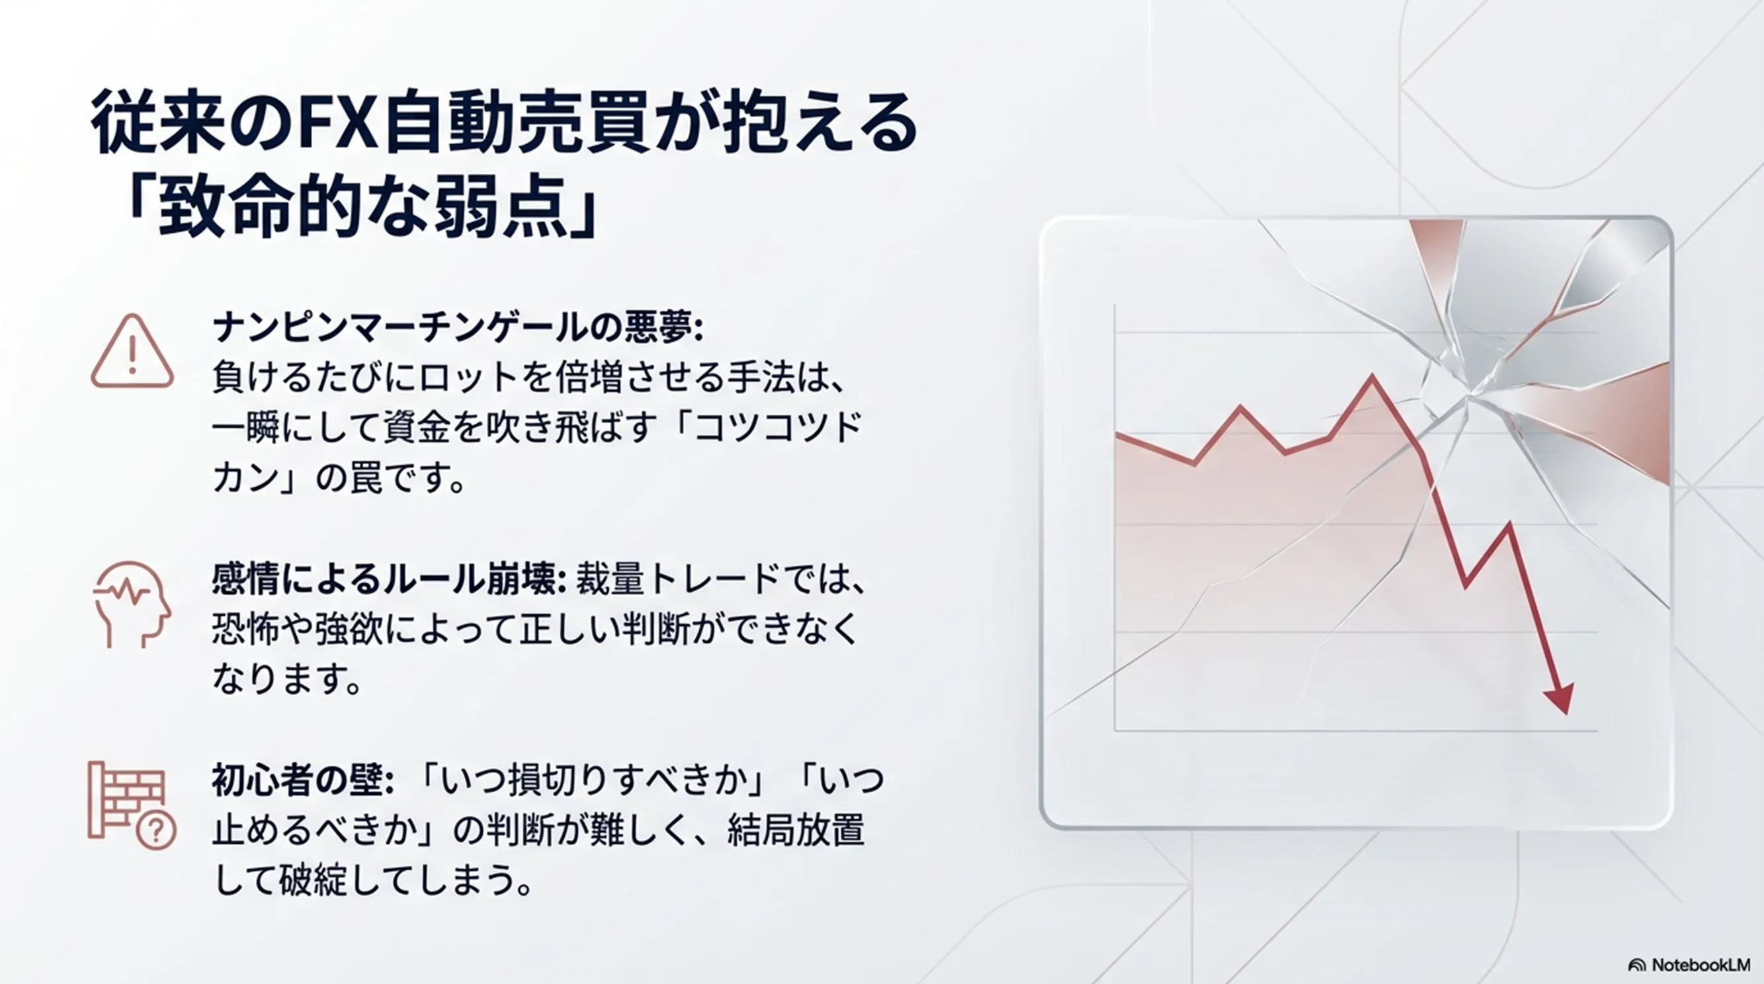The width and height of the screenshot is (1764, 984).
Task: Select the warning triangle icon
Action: (132, 351)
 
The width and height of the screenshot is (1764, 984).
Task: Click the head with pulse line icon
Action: (132, 604)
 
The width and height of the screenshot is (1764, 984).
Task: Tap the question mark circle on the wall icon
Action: (157, 831)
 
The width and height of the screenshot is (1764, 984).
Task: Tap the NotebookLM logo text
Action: (1700, 965)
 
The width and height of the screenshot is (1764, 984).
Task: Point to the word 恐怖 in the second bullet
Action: (246, 630)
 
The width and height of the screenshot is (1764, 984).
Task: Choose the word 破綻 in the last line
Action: (314, 880)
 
